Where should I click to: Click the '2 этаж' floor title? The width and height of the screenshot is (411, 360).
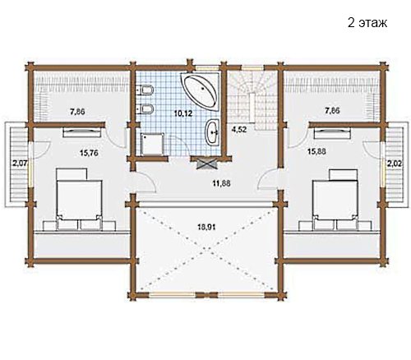tap(367, 23)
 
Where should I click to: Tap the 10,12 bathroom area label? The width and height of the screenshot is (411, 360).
tap(182, 113)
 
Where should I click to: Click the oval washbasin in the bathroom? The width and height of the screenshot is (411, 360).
tap(212, 132)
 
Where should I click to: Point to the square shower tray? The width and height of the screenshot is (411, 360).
tap(152, 145)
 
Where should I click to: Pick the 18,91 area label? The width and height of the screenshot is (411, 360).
tap(206, 227)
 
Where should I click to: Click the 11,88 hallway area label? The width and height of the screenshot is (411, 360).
tap(222, 183)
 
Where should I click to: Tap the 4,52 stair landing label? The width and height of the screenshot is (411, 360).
tap(239, 129)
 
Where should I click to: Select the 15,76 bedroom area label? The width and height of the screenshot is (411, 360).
tap(89, 153)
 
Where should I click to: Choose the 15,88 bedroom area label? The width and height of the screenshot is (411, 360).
tap(316, 151)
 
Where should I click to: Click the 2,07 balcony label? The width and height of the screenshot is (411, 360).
tap(19, 164)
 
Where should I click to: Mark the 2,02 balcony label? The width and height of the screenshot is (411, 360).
tap(394, 164)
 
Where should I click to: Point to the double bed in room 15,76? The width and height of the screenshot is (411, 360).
tap(80, 199)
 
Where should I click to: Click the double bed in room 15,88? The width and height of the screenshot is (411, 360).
tap(335, 199)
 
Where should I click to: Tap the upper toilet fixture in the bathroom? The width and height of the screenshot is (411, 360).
tap(145, 90)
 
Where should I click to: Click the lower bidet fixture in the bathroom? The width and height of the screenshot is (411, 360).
tap(145, 108)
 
